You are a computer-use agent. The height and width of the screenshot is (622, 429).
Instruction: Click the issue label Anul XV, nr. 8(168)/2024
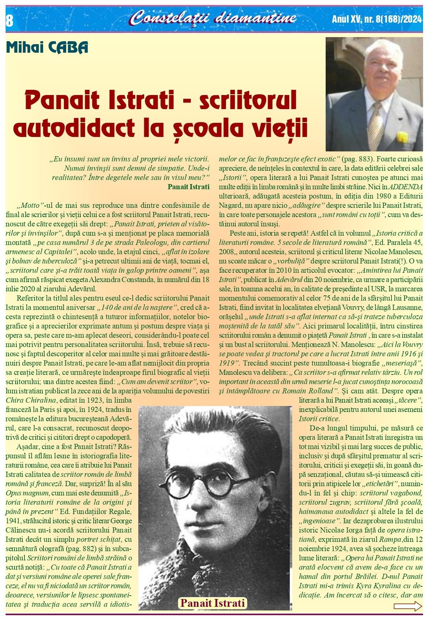[377, 19]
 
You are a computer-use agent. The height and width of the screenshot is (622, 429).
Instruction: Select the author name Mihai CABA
[47, 48]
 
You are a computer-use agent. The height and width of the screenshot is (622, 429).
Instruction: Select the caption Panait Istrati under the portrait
[212, 603]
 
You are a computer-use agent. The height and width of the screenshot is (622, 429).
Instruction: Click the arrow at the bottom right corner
[408, 607]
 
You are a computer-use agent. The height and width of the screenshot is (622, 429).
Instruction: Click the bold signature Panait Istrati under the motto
[188, 186]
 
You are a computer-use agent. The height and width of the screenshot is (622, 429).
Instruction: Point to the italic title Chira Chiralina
[31, 400]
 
